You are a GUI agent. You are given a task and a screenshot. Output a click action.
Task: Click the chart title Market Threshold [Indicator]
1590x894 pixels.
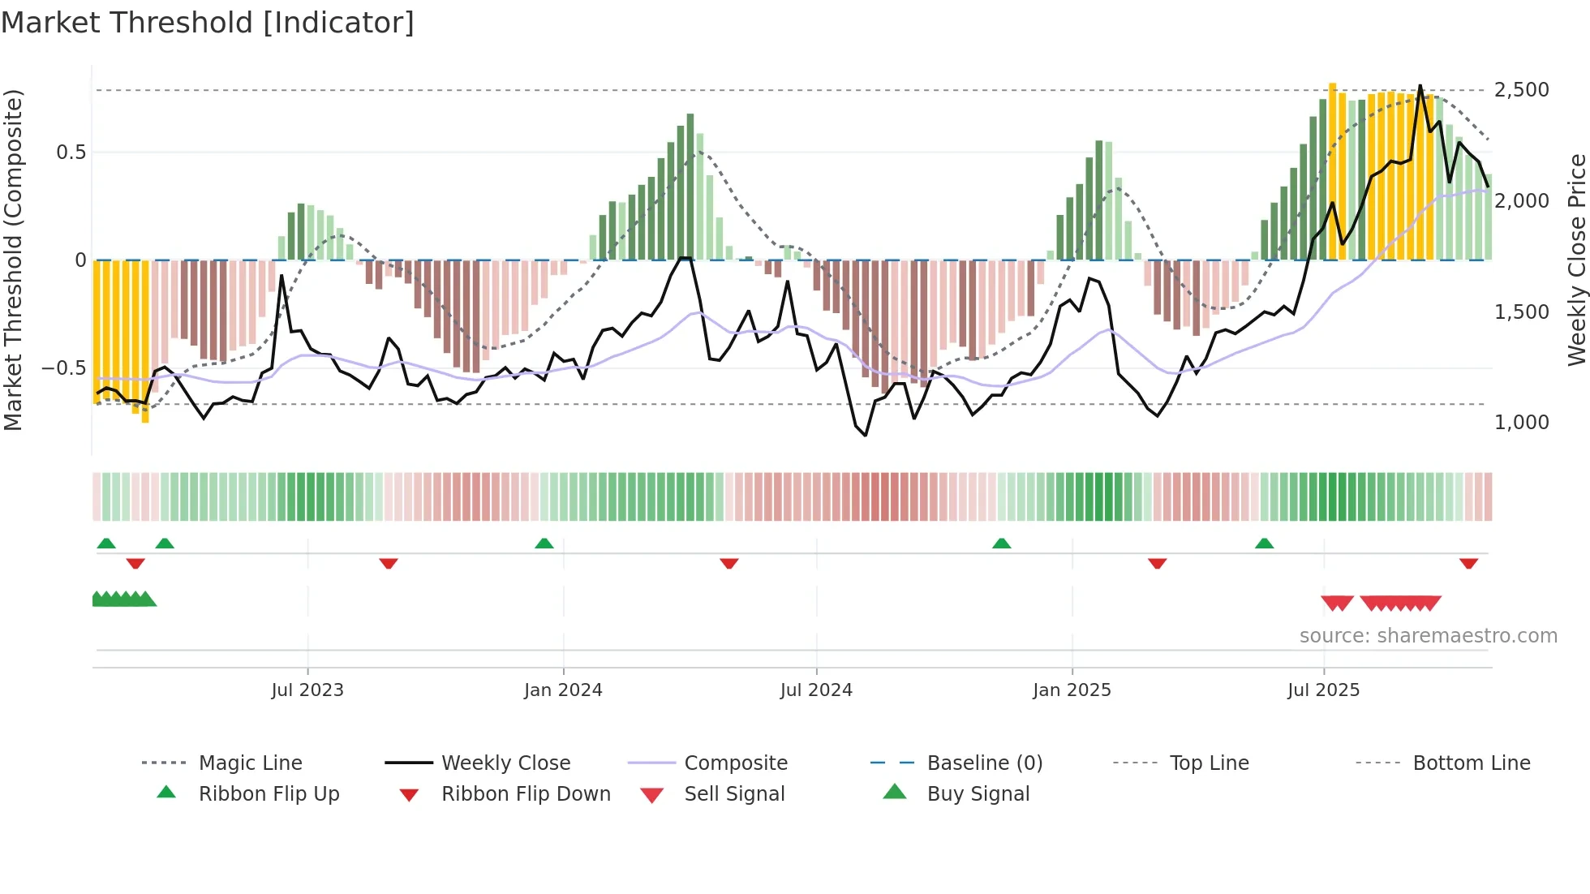coord(208,23)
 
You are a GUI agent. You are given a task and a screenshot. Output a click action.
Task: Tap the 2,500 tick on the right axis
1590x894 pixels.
coord(1521,90)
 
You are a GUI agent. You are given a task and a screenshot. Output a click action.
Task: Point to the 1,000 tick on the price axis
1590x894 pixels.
coord(1521,423)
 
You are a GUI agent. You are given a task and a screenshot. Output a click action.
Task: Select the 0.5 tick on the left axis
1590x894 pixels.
coord(71,153)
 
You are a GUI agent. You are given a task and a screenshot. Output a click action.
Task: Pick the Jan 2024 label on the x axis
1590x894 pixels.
coord(563,690)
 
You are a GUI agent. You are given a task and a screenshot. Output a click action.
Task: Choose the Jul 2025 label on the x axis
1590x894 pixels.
coord(1323,690)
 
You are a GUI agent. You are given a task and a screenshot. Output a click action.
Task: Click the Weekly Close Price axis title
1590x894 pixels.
coord(1576,260)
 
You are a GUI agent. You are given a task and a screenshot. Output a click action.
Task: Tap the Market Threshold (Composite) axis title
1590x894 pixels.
coord(13,260)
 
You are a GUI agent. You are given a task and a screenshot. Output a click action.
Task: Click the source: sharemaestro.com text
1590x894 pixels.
coord(1428,636)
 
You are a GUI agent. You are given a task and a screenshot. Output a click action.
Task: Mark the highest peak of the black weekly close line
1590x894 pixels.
coord(1420,86)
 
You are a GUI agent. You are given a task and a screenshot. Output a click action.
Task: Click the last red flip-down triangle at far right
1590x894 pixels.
coord(1468,563)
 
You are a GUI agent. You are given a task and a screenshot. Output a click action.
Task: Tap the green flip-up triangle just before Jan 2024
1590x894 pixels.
coord(544,544)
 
